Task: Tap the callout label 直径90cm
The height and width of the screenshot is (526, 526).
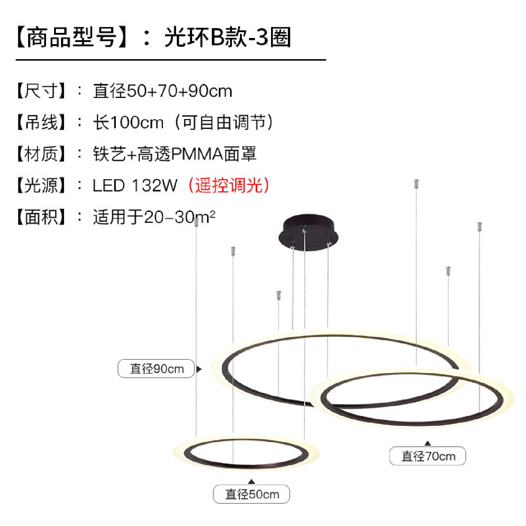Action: [156, 369]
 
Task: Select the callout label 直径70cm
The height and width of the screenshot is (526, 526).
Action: [428, 456]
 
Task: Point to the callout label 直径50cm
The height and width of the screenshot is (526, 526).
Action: [252, 494]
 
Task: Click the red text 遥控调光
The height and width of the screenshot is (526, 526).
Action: [229, 185]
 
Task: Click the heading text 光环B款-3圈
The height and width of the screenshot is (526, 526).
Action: [227, 37]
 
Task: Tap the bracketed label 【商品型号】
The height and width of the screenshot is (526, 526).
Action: [72, 37]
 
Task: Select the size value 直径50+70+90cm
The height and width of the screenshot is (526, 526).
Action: [163, 91]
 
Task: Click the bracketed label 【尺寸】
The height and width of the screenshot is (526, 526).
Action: [41, 91]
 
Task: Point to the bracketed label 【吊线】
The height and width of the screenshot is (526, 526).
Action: [41, 122]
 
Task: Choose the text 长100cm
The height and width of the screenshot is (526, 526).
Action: [128, 122]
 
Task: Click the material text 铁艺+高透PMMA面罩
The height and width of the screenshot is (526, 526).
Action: [175, 154]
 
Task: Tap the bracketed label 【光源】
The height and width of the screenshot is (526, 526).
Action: [41, 186]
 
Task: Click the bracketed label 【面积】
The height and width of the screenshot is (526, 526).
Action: [41, 217]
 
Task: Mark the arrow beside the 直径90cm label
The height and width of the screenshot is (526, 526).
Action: [199, 369]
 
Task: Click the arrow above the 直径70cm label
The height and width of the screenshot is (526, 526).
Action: [428, 443]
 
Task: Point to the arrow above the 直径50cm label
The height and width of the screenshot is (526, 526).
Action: [251, 481]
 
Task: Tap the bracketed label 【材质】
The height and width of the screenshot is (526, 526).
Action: [41, 154]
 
